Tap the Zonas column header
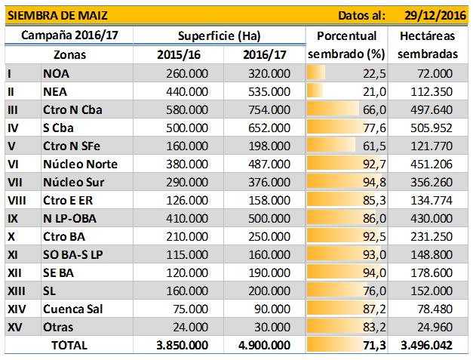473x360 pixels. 70,55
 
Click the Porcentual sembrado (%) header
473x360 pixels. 346,45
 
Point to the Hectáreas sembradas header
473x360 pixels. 428,45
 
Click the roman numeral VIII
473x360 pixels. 17,200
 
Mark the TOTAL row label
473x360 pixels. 69,345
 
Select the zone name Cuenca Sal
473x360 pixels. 73,309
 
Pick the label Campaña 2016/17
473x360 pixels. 69,35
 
